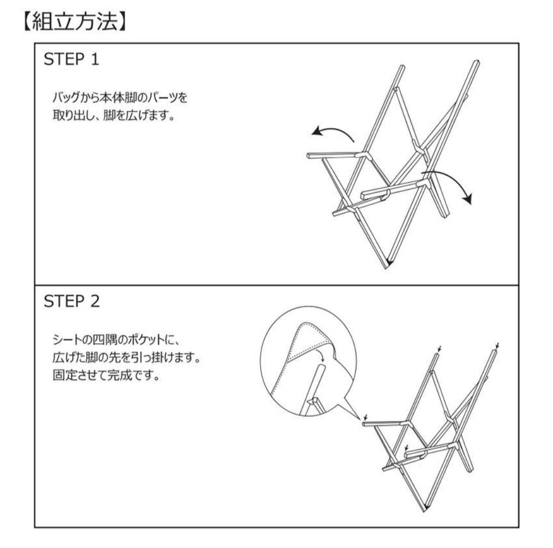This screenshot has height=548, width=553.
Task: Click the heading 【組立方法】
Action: (74, 22)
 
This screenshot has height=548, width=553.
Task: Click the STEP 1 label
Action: (71, 59)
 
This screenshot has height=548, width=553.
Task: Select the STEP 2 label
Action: (72, 301)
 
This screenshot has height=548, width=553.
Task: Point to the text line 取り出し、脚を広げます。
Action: (114, 115)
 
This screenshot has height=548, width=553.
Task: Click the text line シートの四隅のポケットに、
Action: (117, 340)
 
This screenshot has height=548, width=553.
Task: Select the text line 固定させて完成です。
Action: (107, 375)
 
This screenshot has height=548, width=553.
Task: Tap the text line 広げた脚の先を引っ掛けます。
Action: (126, 357)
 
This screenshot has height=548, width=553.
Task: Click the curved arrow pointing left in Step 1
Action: (333, 132)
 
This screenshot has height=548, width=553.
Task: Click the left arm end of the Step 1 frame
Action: (309, 156)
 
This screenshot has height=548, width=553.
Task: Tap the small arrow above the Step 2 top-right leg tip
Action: (498, 344)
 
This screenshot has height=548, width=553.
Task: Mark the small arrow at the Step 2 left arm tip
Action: (366, 416)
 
